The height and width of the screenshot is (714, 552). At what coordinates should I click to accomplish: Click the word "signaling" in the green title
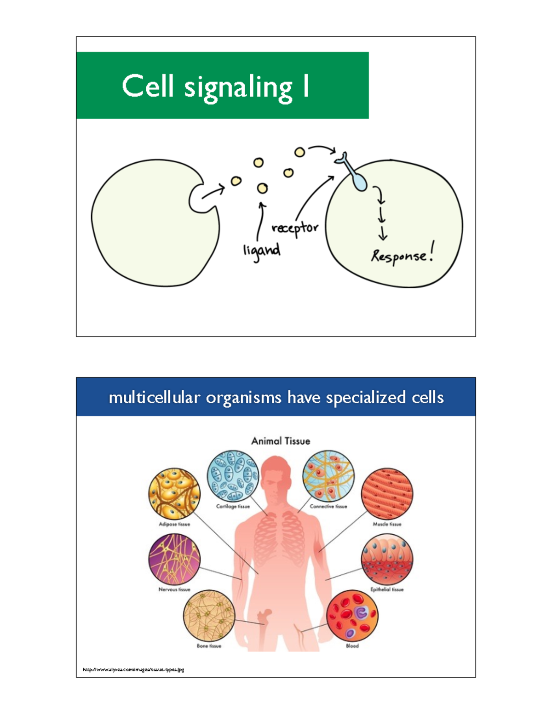238,87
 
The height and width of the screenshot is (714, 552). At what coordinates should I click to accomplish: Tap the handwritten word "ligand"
262,251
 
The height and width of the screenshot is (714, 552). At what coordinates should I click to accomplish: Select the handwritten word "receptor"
295,228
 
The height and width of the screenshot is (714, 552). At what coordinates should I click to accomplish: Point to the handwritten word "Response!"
402,256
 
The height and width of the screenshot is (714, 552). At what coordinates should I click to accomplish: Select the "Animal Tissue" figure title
281,441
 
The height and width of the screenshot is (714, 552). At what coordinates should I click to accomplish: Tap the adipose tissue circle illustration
174,494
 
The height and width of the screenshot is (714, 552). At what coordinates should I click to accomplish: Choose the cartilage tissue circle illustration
233,476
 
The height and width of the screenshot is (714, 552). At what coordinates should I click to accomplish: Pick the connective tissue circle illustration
328,476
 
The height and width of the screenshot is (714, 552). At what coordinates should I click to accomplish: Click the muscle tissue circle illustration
387,494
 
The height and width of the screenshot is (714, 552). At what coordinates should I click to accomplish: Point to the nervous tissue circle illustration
174,560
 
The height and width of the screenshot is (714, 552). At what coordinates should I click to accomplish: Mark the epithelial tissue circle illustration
387,560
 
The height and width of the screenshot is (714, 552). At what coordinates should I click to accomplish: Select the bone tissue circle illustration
209,616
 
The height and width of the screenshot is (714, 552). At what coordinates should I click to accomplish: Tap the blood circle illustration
352,616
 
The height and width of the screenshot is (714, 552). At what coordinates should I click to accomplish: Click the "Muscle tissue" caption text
387,524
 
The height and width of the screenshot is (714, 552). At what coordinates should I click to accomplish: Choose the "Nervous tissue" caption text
174,589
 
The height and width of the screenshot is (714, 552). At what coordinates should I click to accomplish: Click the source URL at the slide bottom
133,670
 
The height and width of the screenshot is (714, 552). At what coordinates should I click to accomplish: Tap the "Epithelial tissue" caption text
387,589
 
